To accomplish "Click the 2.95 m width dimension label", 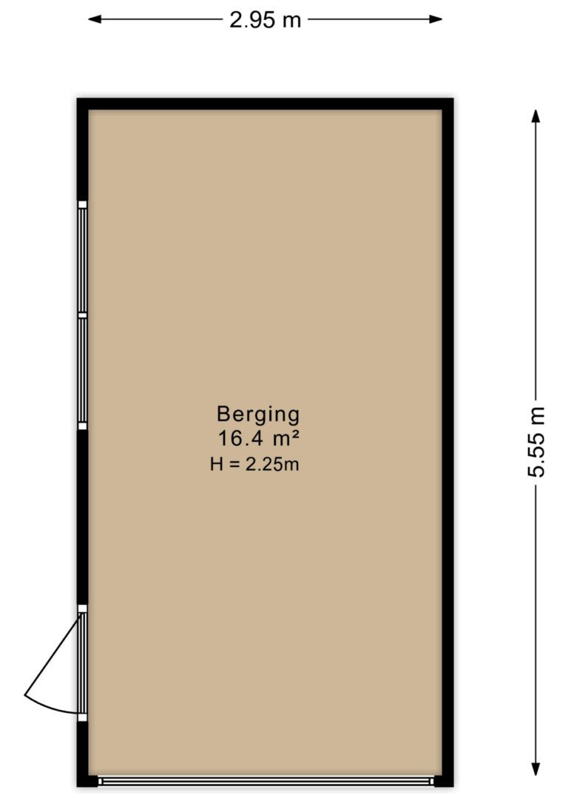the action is point(265,20).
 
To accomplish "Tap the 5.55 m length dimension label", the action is point(536,442).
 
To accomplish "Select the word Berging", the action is point(258,415).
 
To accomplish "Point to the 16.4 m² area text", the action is point(259,439).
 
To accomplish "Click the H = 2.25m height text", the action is point(254,464).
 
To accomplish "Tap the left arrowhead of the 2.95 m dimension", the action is point(95,19).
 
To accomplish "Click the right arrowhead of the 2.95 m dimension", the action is point(436,19).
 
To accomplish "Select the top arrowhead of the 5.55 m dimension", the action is point(535,116).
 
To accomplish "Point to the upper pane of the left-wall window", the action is point(82,260).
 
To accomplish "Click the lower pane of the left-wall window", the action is point(82,370).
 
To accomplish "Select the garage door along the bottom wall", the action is point(266,782).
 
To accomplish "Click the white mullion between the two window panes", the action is point(82,315).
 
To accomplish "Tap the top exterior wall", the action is point(266,104).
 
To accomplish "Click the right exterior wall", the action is point(447,442).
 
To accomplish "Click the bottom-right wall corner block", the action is point(444,781).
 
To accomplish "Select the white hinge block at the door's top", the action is point(82,609).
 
